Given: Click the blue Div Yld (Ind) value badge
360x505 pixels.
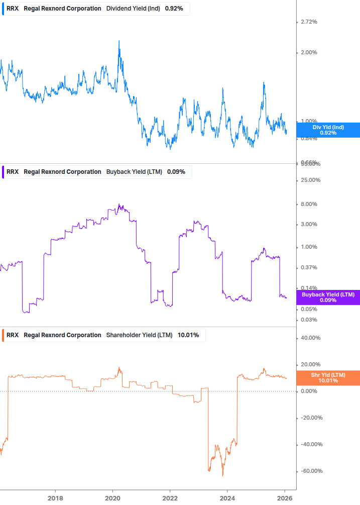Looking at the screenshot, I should coord(328,130).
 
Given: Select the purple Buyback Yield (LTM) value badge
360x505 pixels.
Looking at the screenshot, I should coord(328,297).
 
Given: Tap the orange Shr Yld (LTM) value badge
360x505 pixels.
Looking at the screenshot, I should coord(328,378).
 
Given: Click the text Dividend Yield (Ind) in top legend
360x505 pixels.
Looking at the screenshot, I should coord(133,9).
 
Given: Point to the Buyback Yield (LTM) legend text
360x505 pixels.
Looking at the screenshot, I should coord(134,172).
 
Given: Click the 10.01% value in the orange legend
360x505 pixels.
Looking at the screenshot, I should coord(188,335).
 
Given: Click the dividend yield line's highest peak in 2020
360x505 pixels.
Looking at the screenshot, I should coord(119,41).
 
